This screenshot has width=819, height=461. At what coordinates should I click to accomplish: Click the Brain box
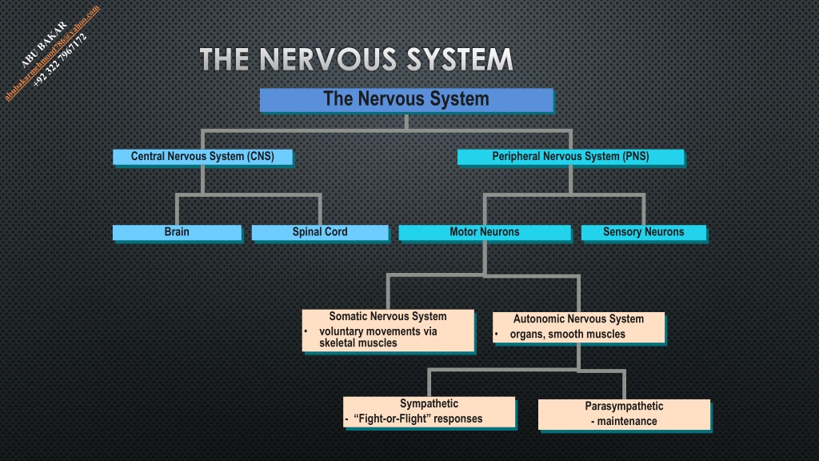coord(177,233)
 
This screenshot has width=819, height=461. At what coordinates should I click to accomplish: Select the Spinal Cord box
coord(320,233)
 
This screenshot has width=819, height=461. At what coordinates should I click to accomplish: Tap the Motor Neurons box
coord(485,233)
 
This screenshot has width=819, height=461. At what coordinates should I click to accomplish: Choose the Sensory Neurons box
coord(644,233)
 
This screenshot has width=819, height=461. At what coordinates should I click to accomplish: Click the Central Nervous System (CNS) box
coord(202,157)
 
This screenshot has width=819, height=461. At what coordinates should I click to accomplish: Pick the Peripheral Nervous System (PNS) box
coord(570,157)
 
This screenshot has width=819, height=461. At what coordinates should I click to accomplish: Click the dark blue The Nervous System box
coord(406,100)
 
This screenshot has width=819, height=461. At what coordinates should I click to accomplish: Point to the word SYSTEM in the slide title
coord(460,59)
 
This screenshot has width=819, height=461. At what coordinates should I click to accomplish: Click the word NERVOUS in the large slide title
coord(327,59)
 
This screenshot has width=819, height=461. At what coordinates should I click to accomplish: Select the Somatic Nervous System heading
coord(388,316)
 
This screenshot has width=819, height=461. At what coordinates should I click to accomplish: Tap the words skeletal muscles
coord(358,343)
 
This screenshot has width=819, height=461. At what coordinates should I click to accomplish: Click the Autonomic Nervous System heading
coord(578,319)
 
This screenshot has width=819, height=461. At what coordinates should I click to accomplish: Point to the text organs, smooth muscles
coord(567,334)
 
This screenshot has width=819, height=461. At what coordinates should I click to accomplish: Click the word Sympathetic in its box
coord(429,403)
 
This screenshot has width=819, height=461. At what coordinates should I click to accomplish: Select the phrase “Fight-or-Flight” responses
coord(417,419)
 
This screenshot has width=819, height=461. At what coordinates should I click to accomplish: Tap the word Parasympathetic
coord(624,406)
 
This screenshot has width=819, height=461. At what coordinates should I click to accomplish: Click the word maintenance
coord(627,421)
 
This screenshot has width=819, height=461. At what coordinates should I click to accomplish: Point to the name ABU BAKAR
coord(44,45)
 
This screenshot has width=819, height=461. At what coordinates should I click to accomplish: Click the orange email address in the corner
coord(52,53)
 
